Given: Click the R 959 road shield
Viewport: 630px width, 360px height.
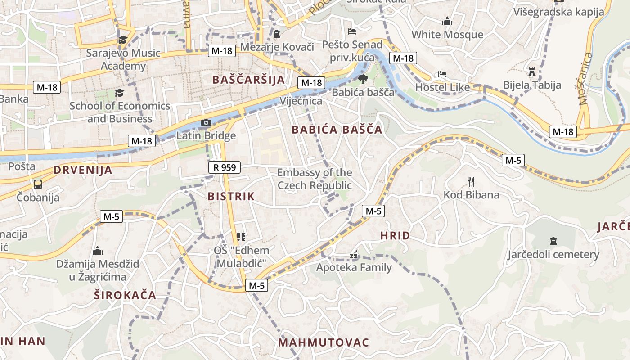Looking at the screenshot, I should tap(225, 168).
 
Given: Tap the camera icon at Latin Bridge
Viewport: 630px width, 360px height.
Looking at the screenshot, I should tap(206, 122).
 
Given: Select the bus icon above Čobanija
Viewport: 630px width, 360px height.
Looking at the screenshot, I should tap(38, 184).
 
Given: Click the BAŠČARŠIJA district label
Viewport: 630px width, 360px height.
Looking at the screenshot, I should tap(248, 80).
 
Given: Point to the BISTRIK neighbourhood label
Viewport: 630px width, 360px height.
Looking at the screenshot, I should tap(231, 196).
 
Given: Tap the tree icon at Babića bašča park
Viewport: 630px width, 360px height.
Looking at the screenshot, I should tap(363, 80).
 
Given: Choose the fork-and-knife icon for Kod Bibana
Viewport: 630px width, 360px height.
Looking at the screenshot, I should tap(471, 182).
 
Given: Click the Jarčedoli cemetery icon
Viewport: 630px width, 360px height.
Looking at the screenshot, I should tap(553, 241).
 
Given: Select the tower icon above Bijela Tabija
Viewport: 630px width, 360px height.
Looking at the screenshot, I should tap(532, 72).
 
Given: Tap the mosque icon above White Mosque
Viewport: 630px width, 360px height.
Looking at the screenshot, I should tap(447, 21).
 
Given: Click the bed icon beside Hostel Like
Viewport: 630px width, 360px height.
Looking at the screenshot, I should tap(442, 74).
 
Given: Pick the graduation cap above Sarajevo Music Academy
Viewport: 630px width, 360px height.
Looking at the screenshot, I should tap(123, 40).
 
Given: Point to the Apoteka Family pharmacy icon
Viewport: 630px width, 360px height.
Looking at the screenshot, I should tap(354, 255).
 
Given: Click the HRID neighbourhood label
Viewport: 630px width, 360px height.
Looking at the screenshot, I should tap(395, 235).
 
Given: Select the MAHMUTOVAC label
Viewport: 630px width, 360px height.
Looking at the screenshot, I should tap(323, 342).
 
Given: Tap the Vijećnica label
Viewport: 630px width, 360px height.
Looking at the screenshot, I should tap(301, 101).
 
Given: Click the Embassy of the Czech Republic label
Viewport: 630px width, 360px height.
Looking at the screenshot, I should tap(315, 179).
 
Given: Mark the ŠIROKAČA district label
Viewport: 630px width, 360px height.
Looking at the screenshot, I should tap(125, 295).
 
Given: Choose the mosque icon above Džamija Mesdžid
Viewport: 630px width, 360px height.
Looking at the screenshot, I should tap(98, 251).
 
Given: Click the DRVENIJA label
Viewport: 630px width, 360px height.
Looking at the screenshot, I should tap(83, 170).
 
